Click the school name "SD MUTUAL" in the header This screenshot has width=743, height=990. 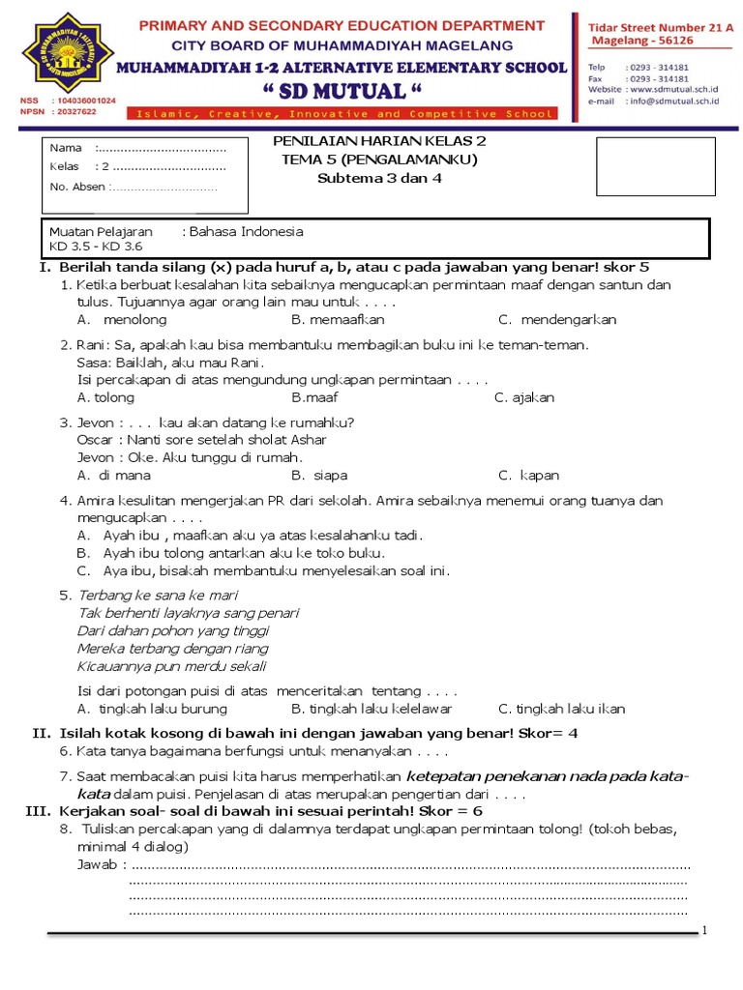pos(342,92)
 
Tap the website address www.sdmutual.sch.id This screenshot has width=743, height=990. pos(669,89)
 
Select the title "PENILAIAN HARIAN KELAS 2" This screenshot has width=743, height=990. pos(379,141)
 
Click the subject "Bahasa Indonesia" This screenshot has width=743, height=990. pos(246,231)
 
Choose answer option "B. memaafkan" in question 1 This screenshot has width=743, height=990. pos(338,319)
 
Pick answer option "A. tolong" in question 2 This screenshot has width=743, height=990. pos(105,397)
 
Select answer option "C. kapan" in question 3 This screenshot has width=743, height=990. pos(528,475)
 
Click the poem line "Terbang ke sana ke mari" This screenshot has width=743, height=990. pos(157,596)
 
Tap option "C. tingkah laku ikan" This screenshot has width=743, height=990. pos(561,709)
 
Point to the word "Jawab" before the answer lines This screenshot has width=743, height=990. pos(97,863)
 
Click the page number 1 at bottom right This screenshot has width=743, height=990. pos(705,930)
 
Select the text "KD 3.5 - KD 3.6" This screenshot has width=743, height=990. pos(95,246)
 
